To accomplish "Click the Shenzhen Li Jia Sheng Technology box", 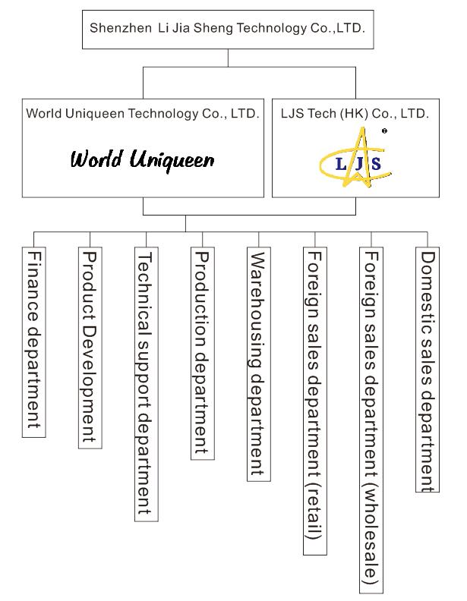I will (227, 29).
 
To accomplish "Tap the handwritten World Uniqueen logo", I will (143, 160).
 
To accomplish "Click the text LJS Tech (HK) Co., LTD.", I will (354, 114).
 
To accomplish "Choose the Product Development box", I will (90, 347).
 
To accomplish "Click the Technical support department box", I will (146, 382).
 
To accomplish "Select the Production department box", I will (202, 354).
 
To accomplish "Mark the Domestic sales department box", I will (427, 370).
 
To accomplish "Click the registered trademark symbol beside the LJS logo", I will (384, 131).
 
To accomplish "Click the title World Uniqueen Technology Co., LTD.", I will (143, 114).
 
